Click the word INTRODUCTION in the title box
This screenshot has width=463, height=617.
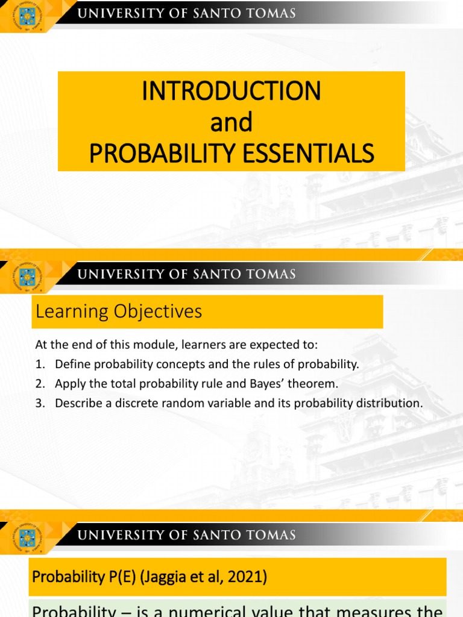[231, 91]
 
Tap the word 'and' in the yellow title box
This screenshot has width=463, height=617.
[231, 122]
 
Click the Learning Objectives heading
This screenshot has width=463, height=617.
[119, 312]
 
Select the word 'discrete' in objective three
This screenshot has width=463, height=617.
[130, 403]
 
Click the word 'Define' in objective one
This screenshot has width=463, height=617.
[71, 364]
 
